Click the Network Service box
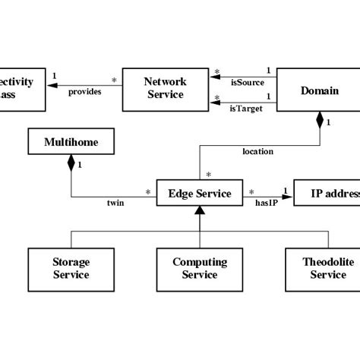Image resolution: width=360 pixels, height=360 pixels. tap(165, 88)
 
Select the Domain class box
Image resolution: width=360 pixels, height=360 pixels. tap(319, 90)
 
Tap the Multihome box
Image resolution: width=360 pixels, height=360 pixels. tap(71, 142)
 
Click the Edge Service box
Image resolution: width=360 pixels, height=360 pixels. tap(199, 194)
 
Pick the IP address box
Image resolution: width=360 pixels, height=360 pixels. tap(326, 194)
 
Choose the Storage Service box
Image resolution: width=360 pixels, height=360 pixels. tap(71, 268)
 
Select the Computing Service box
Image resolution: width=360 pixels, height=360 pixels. tap(199, 268)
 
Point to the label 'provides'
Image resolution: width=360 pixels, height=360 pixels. tap(85, 93)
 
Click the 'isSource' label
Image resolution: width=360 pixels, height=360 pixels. tap(247, 82)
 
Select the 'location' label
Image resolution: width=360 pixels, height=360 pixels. tap(257, 151)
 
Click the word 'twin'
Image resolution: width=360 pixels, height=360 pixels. tap(115, 204)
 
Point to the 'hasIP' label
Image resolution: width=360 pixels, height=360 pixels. tap(267, 204)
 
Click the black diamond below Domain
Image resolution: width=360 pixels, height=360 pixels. tap(320, 121)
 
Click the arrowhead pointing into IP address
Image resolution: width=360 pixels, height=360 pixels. tap(288, 194)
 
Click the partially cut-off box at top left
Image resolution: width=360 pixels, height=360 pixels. tap(21, 88)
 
